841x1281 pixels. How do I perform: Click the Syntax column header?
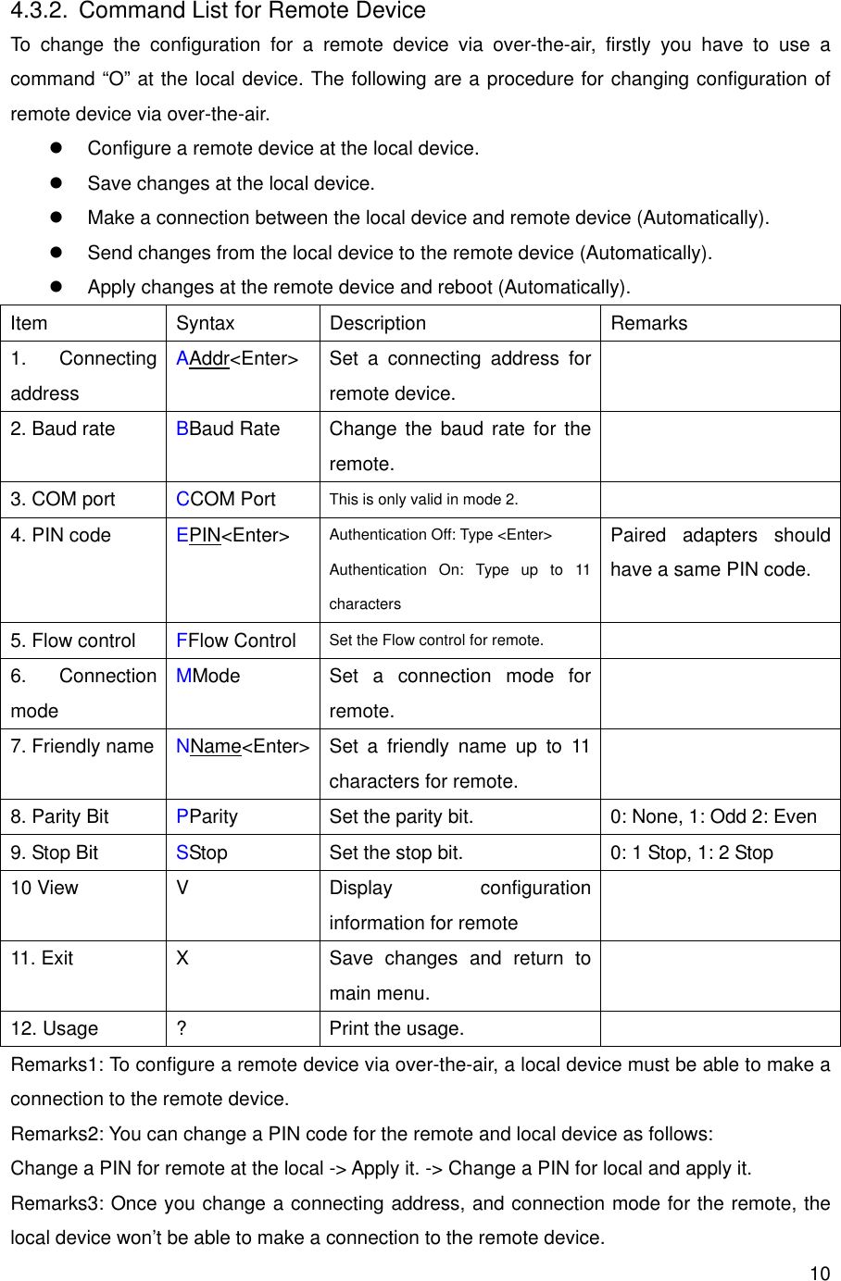(x=205, y=323)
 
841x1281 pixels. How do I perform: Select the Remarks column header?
(x=648, y=323)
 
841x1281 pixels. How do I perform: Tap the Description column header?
(x=377, y=323)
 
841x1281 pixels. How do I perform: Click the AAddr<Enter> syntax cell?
(x=237, y=358)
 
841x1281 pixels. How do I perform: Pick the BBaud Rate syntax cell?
(x=228, y=429)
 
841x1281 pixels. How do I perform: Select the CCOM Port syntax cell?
(x=226, y=499)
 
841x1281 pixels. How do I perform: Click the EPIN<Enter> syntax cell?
(x=232, y=535)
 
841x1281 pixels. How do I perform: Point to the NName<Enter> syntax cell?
(x=243, y=746)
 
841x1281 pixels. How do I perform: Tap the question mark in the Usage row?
(x=181, y=1028)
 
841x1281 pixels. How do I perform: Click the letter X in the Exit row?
(x=182, y=958)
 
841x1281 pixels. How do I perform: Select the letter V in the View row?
(x=182, y=888)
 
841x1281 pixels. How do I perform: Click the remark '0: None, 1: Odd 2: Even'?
(x=712, y=816)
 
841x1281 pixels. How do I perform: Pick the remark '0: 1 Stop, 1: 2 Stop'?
(x=691, y=852)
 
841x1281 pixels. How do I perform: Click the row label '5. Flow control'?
(x=72, y=640)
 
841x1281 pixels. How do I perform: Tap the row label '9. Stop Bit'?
(x=54, y=852)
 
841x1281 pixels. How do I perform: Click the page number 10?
(x=820, y=1273)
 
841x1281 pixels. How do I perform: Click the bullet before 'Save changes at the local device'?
(x=55, y=183)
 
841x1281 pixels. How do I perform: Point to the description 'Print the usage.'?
(x=396, y=1028)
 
